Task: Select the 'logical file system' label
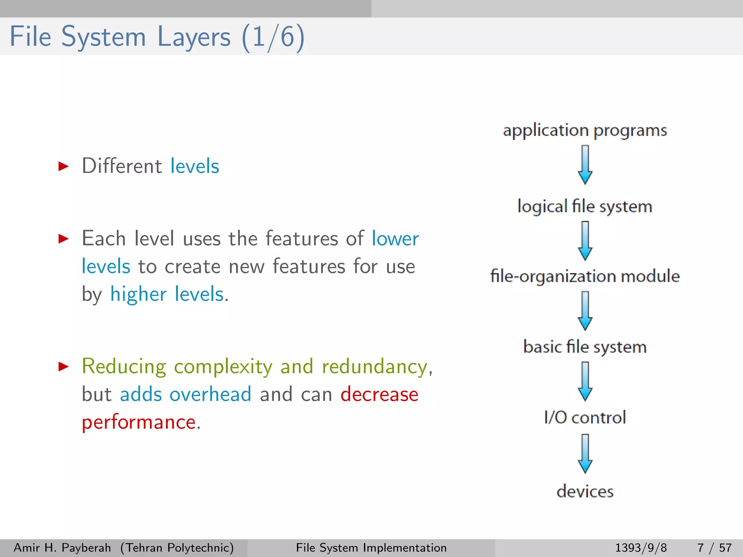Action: tap(585, 206)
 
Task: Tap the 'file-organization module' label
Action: tap(585, 276)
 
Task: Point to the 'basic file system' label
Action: tap(585, 347)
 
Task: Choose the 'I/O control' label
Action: tap(585, 417)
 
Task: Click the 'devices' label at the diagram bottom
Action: tap(585, 491)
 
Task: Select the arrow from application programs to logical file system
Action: tap(585, 165)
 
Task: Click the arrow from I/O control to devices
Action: tap(585, 454)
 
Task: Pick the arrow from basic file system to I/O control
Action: tap(585, 381)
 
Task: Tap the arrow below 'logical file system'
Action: tap(585, 241)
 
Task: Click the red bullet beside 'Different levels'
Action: tap(63, 166)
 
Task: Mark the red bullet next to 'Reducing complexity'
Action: tap(63, 367)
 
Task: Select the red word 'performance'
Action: tap(139, 422)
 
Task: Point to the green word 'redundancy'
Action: tap(374, 367)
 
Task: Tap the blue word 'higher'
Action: tap(138, 294)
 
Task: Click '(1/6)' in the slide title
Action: tap(273, 37)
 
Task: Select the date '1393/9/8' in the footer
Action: tap(641, 548)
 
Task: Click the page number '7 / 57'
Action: tap(714, 548)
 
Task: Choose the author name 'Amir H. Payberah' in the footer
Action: tap(62, 548)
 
